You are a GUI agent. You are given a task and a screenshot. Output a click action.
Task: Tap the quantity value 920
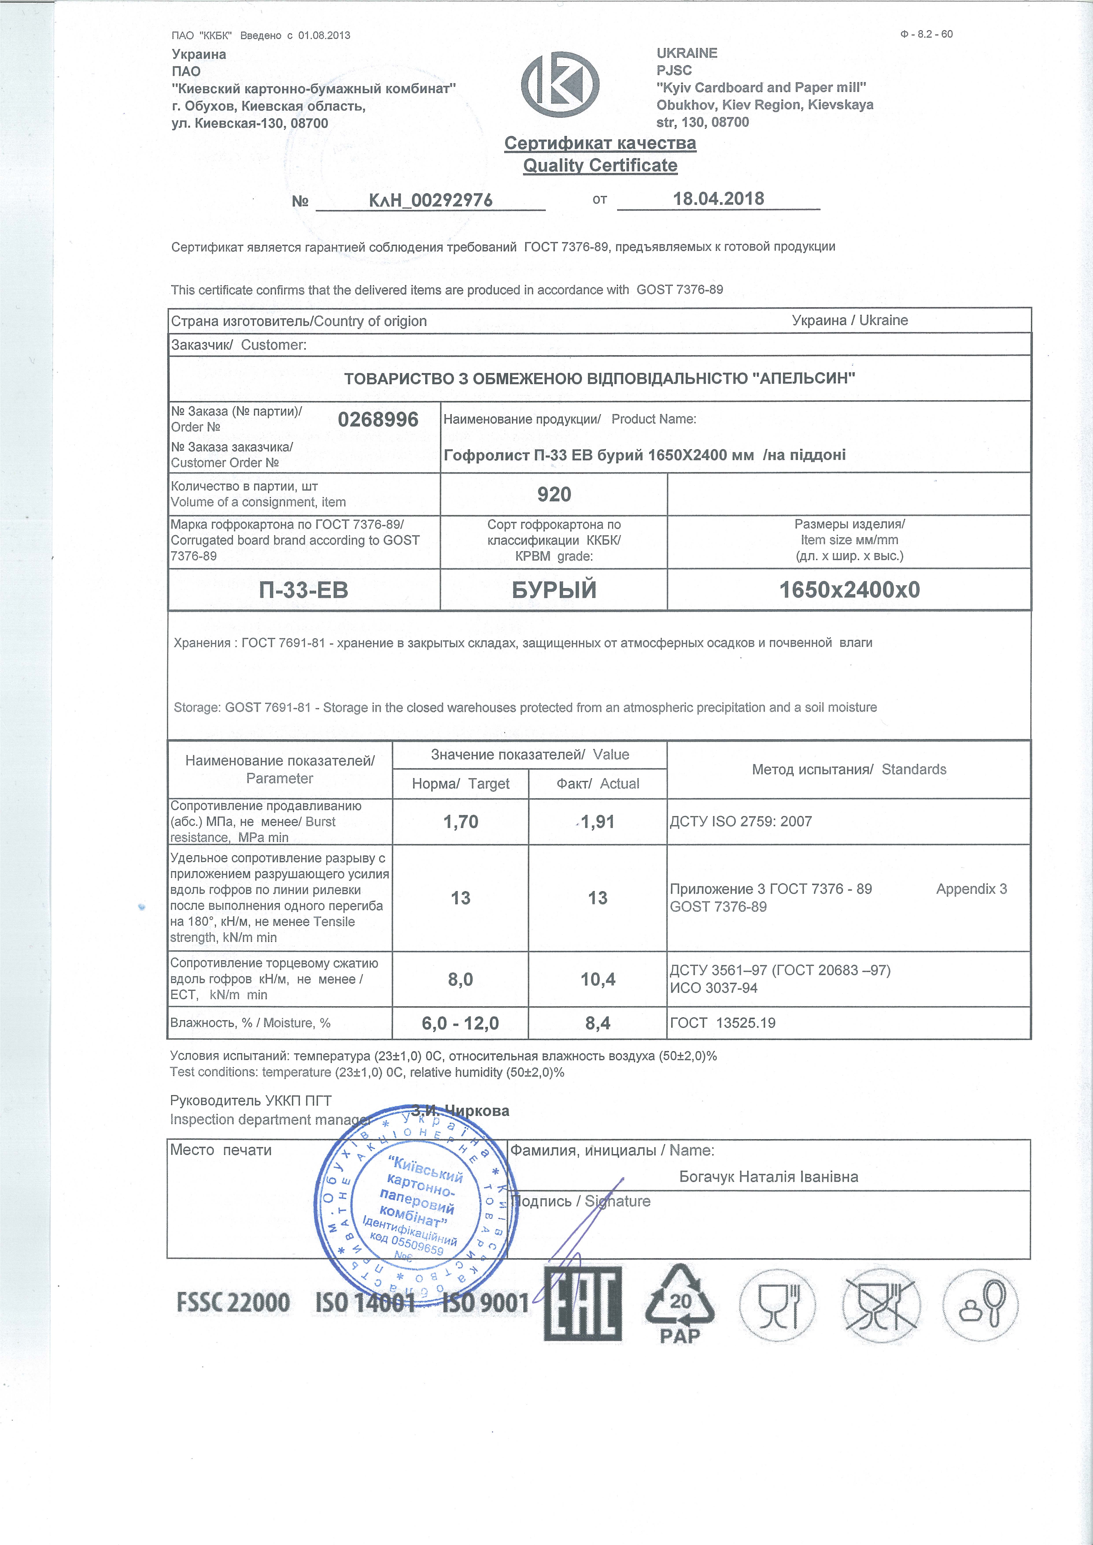coord(554,495)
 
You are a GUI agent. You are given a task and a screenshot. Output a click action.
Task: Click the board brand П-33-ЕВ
coord(304,590)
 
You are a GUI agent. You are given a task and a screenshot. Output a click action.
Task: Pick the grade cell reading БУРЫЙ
coord(554,590)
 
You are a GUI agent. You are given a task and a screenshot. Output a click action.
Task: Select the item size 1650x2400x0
coord(849,590)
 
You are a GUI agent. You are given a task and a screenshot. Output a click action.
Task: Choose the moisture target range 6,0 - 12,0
coord(460,1023)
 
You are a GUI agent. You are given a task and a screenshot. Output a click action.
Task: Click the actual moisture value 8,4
coord(598,1023)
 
